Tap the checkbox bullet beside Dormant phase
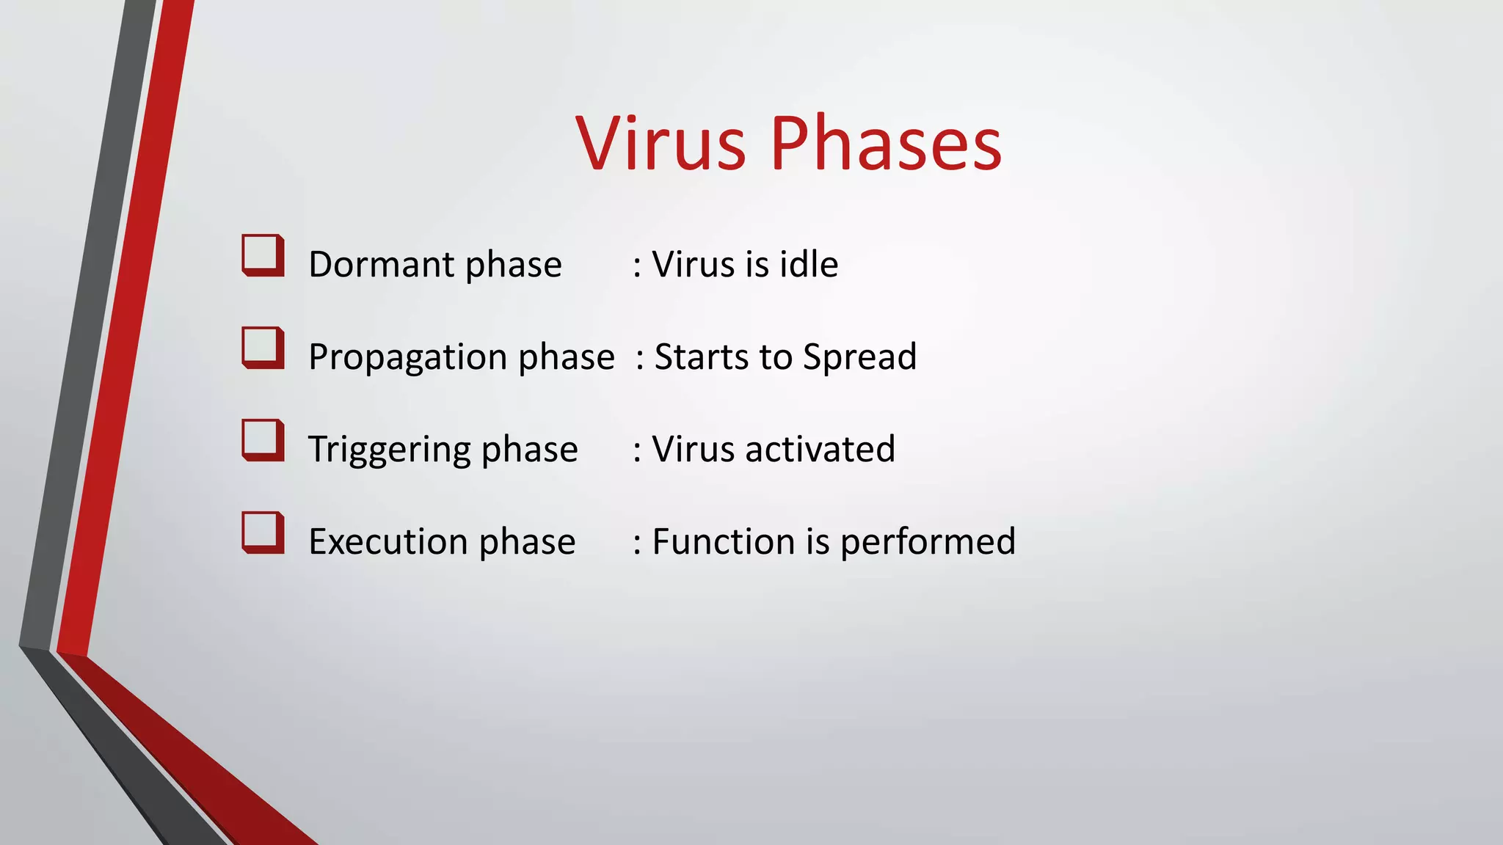point(263,255)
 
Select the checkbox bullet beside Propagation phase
point(263,348)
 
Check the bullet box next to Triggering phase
point(263,440)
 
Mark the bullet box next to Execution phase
point(263,533)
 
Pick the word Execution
point(387,542)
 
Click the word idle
point(808,264)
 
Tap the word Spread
point(859,358)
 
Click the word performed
point(928,543)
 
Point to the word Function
point(723,542)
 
